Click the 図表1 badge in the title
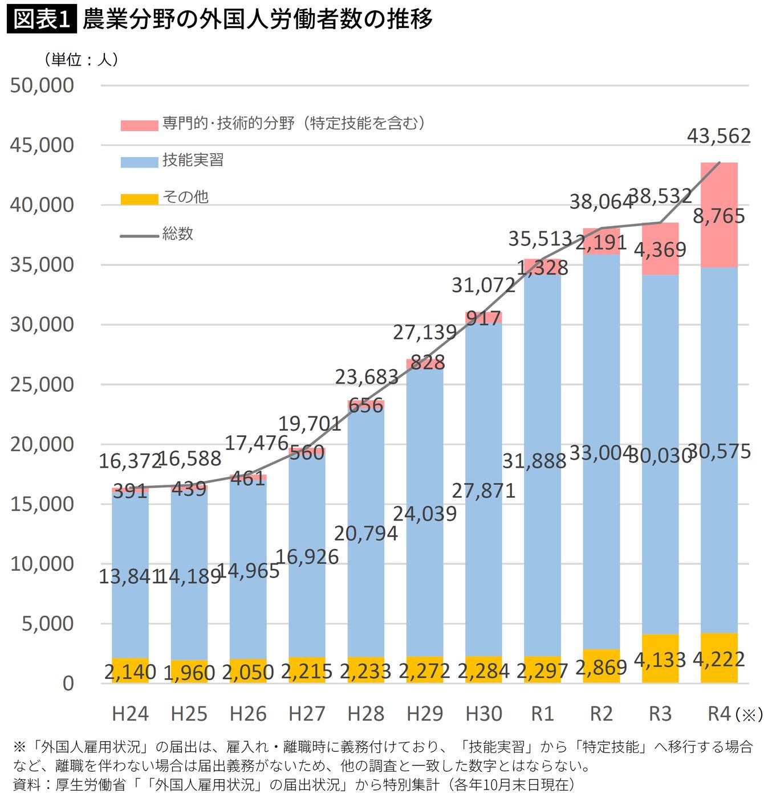[x=41, y=20]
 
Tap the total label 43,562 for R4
[x=718, y=136]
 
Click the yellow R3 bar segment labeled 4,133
[x=660, y=659]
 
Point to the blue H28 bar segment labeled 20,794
[x=366, y=533]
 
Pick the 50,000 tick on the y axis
[x=42, y=85]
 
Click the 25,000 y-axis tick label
[x=42, y=384]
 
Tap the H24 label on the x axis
[x=130, y=714]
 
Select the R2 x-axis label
[x=601, y=714]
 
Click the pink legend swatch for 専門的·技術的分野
[x=139, y=125]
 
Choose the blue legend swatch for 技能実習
[x=139, y=162]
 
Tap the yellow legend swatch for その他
[x=139, y=199]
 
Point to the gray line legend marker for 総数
[x=139, y=236]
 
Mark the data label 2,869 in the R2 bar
[x=601, y=666]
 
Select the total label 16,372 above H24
[x=129, y=461]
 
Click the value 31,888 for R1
[x=534, y=461]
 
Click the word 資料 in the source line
[x=27, y=785]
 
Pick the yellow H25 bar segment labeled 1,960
[x=189, y=673]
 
